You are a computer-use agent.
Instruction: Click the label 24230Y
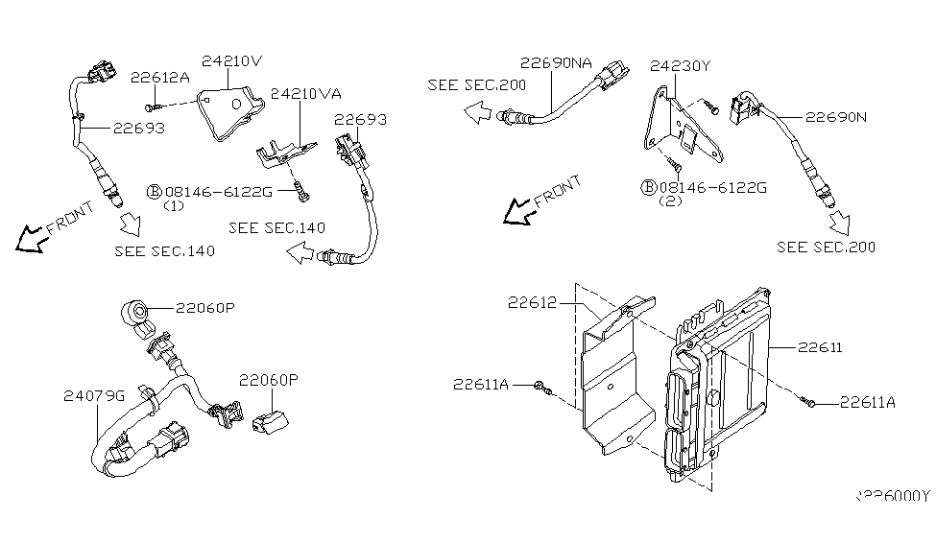[681, 66]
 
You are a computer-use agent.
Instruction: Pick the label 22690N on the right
[835, 117]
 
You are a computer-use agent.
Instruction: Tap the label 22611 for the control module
[819, 347]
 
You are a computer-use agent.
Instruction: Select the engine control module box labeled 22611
[720, 384]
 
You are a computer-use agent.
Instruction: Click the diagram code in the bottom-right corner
[893, 496]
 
